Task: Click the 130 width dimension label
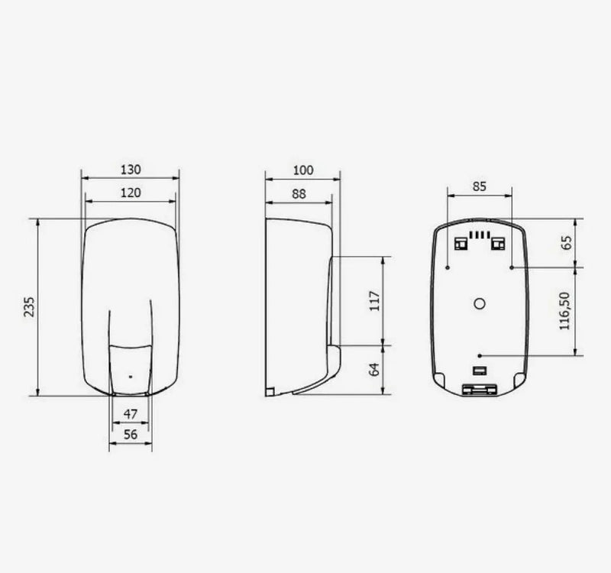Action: click(131, 170)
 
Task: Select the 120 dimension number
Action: click(131, 193)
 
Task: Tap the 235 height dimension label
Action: click(29, 307)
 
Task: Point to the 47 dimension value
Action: click(131, 414)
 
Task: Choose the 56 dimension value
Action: click(131, 434)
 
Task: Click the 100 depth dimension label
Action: click(302, 170)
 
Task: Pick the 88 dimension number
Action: click(299, 194)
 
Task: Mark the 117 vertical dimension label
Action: click(374, 300)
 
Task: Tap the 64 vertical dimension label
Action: click(374, 370)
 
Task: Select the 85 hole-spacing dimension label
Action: click(480, 186)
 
